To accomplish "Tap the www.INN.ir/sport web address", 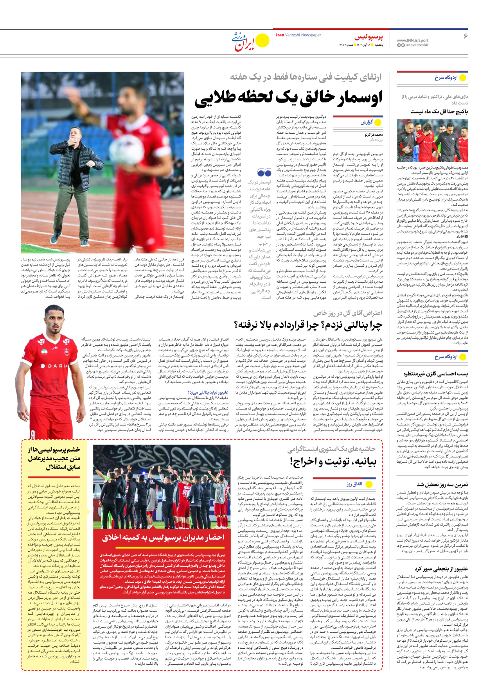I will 412,40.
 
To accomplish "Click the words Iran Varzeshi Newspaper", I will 298,35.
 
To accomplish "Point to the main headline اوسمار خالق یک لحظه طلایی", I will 289,98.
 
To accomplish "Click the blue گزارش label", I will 367,122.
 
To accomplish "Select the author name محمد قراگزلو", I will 374,135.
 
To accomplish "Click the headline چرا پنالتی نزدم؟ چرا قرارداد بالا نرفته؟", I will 308,325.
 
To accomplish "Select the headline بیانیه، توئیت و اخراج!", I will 333,462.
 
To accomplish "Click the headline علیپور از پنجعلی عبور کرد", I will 441,569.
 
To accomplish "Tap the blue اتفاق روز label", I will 354,484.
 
